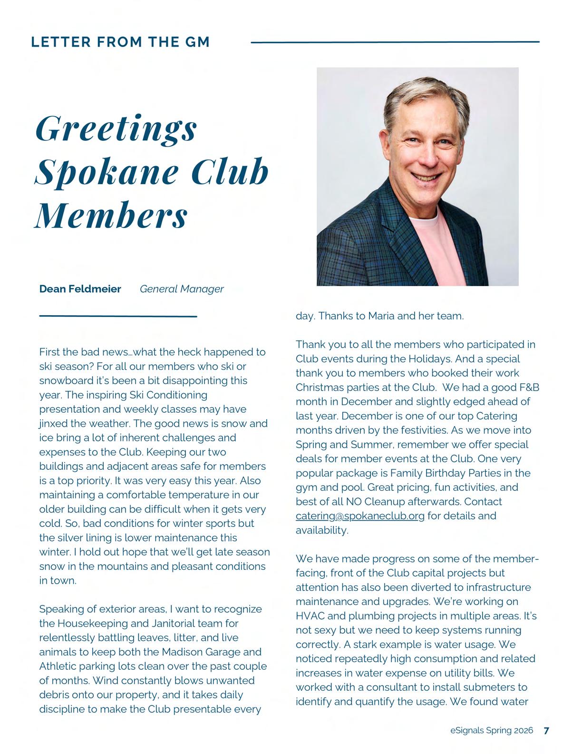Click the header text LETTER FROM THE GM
120,42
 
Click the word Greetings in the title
116,129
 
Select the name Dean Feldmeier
80,289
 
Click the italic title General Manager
182,289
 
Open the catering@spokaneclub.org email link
360,516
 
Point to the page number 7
546,731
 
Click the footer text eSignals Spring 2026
492,731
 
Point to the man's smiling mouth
426,176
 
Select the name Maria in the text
381,316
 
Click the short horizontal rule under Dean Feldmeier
118,316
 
